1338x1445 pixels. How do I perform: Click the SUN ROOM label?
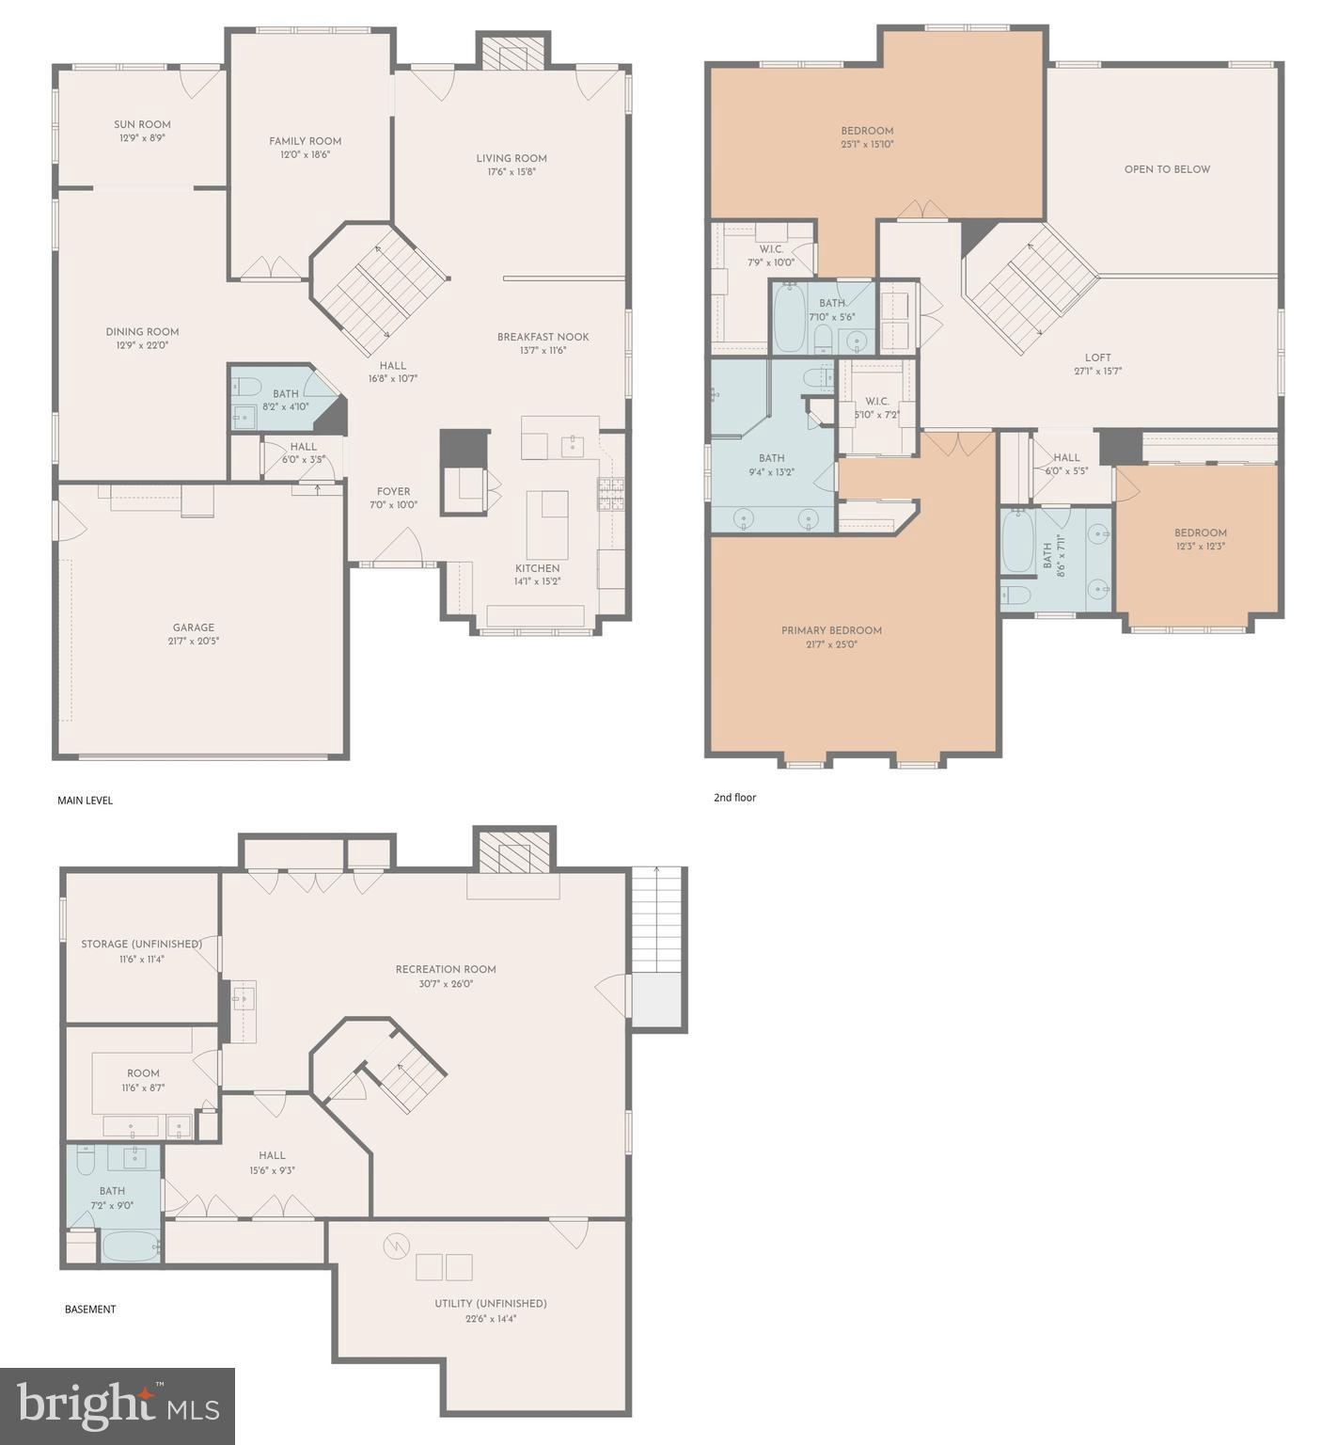[142, 124]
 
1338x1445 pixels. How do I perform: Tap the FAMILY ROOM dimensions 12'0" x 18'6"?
[305, 154]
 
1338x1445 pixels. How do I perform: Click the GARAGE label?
[193, 627]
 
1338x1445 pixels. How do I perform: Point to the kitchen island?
[546, 525]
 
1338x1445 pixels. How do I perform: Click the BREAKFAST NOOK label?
[543, 337]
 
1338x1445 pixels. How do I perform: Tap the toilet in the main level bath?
[248, 385]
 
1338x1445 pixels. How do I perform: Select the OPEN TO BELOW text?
[1167, 169]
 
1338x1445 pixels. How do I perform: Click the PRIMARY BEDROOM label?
[831, 630]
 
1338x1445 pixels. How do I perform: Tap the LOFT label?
[1097, 357]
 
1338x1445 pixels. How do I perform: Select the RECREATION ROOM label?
[446, 969]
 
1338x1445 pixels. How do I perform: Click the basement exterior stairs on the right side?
[656, 919]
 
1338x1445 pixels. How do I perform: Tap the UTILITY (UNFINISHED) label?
[490, 1303]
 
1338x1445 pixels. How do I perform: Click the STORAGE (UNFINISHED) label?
[141, 944]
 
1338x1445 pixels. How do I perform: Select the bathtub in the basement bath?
[129, 1247]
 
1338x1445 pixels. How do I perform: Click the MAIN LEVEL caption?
[85, 801]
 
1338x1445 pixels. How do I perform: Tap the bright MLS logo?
[118, 1405]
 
